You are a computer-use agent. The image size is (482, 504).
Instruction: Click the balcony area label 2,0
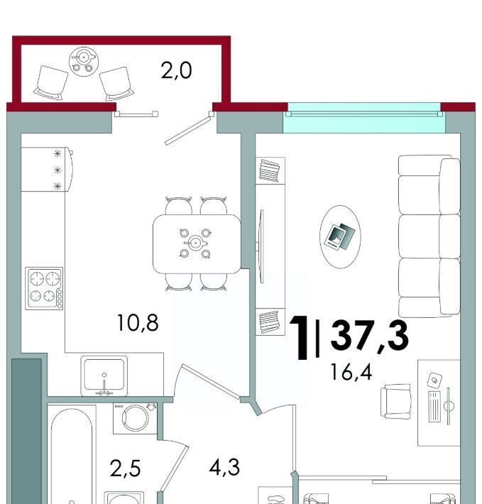pos(177,71)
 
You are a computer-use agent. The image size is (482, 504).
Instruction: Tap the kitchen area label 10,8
pos(138,323)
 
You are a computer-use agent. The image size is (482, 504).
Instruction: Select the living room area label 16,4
pos(351,372)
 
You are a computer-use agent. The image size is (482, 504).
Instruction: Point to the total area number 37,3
pos(370,336)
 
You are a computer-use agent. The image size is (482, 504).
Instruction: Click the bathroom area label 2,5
pos(125,468)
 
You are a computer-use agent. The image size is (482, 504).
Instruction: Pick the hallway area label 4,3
pos(224,467)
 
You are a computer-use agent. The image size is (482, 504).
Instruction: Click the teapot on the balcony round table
pos(84,57)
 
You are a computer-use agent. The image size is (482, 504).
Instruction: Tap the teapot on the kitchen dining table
pos(195,242)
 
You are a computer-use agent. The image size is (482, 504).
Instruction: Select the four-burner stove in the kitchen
pos(44,288)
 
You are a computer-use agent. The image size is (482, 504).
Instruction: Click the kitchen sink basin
pos(104,374)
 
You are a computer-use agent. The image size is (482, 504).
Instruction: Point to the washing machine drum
pos(136,418)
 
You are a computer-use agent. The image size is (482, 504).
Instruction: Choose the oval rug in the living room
pos(340,237)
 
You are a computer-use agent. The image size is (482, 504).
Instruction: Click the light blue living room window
pos(364,118)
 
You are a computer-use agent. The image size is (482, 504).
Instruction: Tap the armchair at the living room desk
pos(396,402)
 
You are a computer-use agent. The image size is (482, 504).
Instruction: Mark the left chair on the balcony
pos(51,83)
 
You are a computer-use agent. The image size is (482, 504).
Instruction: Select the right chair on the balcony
pos(116,84)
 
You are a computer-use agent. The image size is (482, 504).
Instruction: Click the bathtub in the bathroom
pos(72,456)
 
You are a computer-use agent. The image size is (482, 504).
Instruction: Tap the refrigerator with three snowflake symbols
pos(47,170)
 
